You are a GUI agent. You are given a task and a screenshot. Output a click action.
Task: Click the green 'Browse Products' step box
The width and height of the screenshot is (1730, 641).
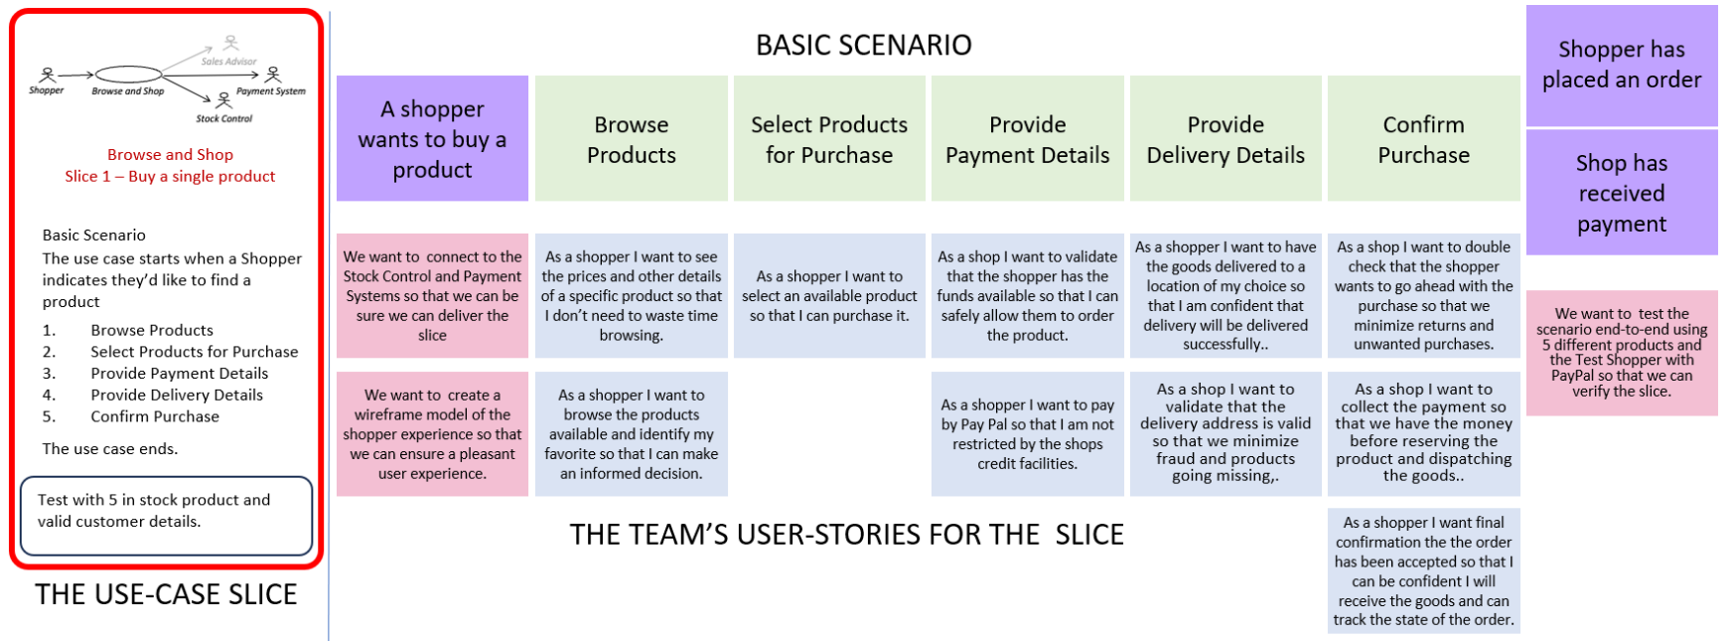pyautogui.click(x=631, y=139)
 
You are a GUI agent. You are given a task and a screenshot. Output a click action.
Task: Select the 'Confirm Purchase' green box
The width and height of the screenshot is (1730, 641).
pyautogui.click(x=1423, y=139)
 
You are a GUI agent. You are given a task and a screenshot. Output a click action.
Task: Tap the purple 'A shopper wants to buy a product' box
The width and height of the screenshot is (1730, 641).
pyautogui.click(x=432, y=139)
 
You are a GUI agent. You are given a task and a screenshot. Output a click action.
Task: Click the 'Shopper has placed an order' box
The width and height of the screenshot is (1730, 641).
pyautogui.click(x=1621, y=66)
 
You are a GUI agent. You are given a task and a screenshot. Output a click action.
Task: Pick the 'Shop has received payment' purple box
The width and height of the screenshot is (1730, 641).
pyautogui.click(x=1621, y=193)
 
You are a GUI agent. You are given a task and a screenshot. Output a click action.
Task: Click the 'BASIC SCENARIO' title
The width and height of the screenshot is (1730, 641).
pyautogui.click(x=863, y=45)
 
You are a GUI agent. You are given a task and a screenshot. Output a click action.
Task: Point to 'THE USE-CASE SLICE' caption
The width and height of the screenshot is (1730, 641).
pyautogui.click(x=166, y=594)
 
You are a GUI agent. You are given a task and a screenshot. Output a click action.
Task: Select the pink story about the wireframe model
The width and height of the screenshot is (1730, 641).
pyautogui.click(x=432, y=434)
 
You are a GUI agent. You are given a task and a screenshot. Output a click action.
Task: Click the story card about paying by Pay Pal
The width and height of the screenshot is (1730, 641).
pyautogui.click(x=1027, y=434)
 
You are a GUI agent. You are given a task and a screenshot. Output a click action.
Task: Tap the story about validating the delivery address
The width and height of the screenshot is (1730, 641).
pyautogui.click(x=1225, y=434)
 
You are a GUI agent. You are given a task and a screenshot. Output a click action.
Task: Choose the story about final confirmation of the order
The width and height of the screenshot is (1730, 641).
pyautogui.click(x=1423, y=570)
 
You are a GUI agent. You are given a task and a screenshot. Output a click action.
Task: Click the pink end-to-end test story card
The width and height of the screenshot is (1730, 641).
pyautogui.click(x=1621, y=353)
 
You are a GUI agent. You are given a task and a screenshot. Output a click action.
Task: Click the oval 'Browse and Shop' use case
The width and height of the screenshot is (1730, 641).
pyautogui.click(x=128, y=74)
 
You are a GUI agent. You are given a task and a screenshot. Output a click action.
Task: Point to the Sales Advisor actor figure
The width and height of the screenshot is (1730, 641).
pyautogui.click(x=230, y=44)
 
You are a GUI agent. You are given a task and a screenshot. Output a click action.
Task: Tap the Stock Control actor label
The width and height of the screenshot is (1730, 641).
pyautogui.click(x=223, y=118)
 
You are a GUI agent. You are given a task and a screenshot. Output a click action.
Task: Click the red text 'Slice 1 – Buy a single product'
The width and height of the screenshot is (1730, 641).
pyautogui.click(x=170, y=176)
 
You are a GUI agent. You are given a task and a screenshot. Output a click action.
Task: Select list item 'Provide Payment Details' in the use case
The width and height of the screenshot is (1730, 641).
pyautogui.click(x=179, y=374)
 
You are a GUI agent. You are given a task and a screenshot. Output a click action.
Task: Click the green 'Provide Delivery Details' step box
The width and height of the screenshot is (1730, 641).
pyautogui.click(x=1225, y=139)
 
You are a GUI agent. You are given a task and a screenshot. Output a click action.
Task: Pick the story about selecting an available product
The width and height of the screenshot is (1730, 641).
pyautogui.click(x=829, y=296)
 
